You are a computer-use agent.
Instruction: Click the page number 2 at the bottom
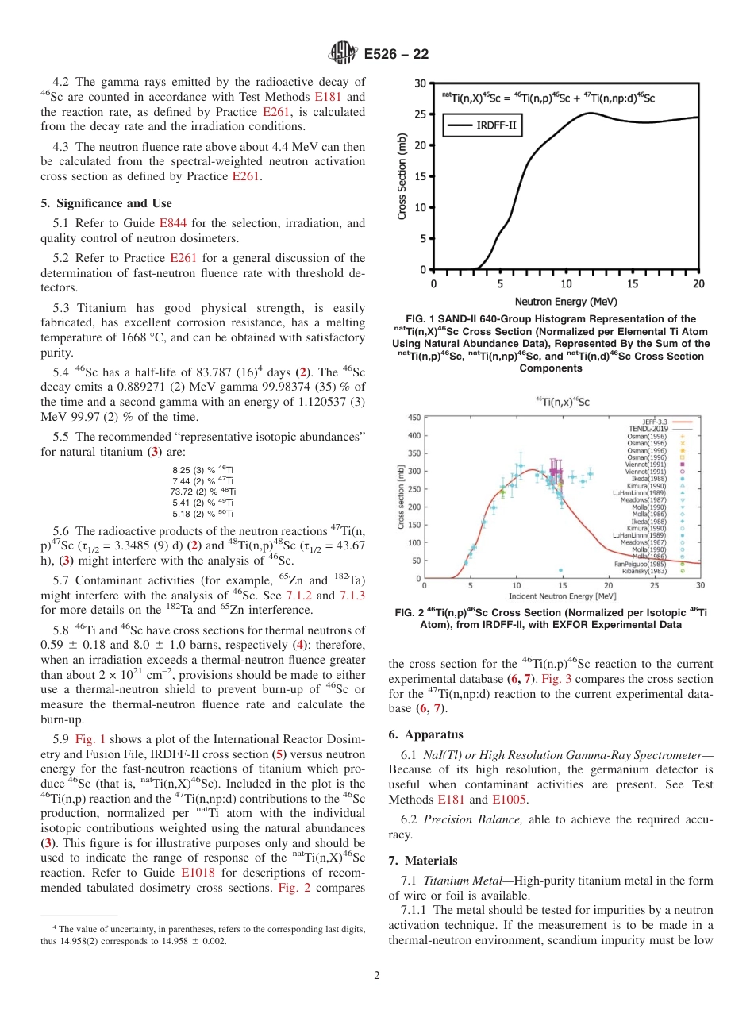(x=376, y=976)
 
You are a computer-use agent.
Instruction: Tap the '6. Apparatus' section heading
(x=426, y=734)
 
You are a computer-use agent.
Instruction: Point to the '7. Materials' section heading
(x=424, y=860)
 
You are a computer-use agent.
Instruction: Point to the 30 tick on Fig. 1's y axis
(x=420, y=83)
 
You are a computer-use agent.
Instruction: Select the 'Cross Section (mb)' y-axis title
(x=402, y=176)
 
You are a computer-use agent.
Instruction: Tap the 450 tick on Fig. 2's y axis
(x=414, y=418)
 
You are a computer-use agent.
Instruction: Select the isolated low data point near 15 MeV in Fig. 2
(x=560, y=570)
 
